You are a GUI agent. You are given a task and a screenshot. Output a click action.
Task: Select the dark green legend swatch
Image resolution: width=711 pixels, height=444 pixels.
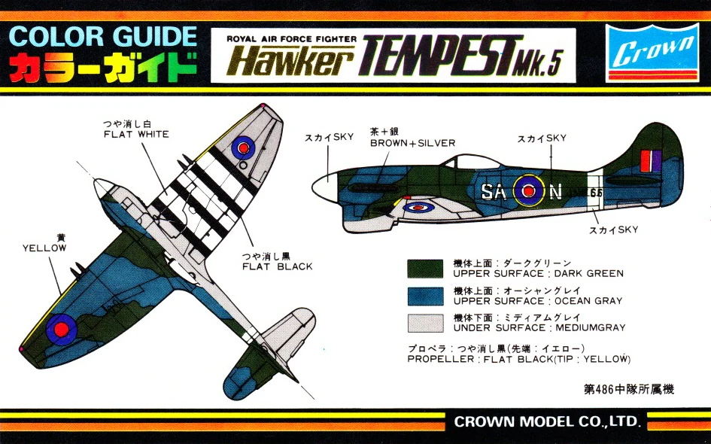coord(426,269)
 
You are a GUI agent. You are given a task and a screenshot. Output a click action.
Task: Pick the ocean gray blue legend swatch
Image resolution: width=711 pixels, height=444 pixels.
coord(426,296)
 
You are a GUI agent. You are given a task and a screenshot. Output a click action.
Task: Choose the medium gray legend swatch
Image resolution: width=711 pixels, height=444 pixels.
coord(426,323)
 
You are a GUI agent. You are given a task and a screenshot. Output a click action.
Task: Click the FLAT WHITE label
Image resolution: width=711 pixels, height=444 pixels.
coord(136,135)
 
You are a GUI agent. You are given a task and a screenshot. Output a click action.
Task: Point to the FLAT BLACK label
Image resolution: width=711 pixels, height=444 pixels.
coord(277,266)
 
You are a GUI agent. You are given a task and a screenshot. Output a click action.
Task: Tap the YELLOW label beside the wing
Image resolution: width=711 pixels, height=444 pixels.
coord(44,247)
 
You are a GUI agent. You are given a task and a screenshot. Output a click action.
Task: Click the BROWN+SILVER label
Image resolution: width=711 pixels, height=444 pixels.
coord(412,143)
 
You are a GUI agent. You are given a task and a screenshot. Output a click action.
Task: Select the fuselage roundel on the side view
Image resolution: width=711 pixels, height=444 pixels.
coord(530,191)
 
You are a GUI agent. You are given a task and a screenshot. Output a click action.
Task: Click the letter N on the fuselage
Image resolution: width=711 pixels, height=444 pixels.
coord(555,193)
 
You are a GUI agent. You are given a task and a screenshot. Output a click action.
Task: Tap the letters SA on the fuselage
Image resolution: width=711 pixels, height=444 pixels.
coord(494,193)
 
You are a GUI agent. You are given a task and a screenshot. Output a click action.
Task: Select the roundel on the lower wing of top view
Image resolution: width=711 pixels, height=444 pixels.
coord(60,327)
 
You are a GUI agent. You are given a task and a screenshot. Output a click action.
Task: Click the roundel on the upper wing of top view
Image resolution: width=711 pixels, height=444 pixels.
coord(243,147)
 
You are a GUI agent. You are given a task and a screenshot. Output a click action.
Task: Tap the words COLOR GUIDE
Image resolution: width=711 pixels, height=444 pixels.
coord(105,38)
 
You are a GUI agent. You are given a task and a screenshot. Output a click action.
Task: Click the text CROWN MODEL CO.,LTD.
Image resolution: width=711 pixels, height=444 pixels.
coord(546,421)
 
